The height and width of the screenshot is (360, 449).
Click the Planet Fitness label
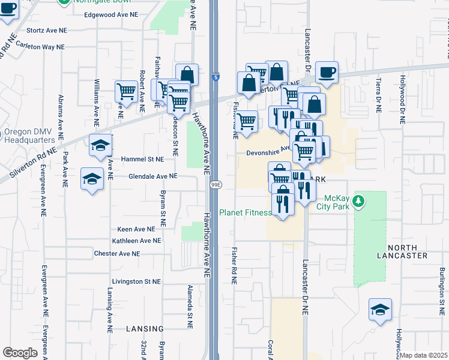[x=241, y=212]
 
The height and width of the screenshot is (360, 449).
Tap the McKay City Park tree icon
[x=358, y=200]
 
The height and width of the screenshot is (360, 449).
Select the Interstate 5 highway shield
[x=215, y=77]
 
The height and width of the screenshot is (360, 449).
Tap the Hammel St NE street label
[x=142, y=160]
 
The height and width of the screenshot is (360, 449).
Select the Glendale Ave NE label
[x=153, y=176]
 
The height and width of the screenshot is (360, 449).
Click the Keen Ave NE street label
[x=136, y=229]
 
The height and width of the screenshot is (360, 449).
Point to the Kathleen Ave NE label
[x=132, y=241]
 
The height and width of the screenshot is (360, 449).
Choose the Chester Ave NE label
[x=117, y=254]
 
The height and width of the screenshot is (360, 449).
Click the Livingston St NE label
[x=136, y=281]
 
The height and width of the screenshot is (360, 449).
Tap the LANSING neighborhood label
[x=145, y=329]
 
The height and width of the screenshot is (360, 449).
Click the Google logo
[x=20, y=353]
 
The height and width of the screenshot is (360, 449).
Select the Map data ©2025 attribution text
[x=423, y=356]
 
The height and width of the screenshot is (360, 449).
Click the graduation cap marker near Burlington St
[x=380, y=310]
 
